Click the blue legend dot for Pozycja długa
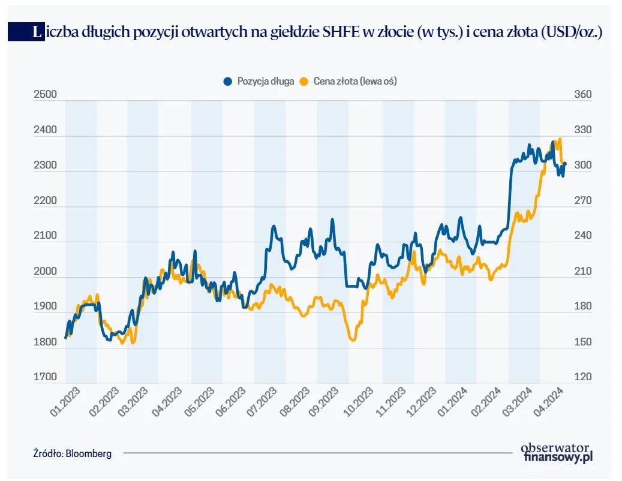[x=227, y=81]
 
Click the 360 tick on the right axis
[x=582, y=95]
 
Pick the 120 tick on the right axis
[x=582, y=377]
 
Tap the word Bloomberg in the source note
[x=90, y=454]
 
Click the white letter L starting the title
[x=38, y=32]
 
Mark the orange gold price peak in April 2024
[x=560, y=139]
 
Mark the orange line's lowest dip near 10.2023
[x=353, y=340]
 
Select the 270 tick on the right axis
[x=582, y=201]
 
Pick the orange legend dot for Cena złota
[x=304, y=81]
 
